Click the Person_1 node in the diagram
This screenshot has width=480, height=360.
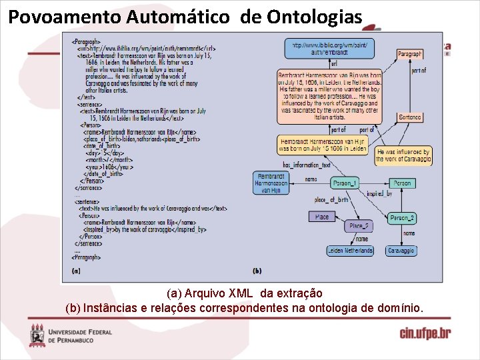pyautogui.click(x=345, y=183)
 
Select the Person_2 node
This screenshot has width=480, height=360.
pyautogui.click(x=402, y=218)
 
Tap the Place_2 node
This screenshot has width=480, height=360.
pyautogui.click(x=359, y=226)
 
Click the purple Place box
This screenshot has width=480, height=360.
pyautogui.click(x=322, y=217)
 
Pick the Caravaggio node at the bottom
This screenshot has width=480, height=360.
pyautogui.click(x=402, y=251)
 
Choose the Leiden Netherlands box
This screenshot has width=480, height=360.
pyautogui.click(x=350, y=251)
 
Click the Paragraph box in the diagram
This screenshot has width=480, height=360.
pyautogui.click(x=409, y=53)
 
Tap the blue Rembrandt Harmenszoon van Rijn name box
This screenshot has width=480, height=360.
pyautogui.click(x=272, y=183)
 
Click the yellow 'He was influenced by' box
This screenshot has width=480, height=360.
pyautogui.click(x=403, y=156)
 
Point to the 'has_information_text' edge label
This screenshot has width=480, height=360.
pyautogui.click(x=307, y=165)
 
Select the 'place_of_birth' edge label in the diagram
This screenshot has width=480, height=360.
pyautogui.click(x=331, y=200)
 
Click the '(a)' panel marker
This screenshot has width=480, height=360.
pyautogui.click(x=75, y=271)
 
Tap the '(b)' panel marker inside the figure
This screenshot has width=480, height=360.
pyautogui.click(x=257, y=271)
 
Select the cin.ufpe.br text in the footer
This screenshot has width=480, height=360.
pyautogui.click(x=425, y=333)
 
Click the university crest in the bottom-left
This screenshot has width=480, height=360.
pyautogui.click(x=37, y=335)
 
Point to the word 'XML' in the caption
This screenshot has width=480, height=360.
pyautogui.click(x=241, y=293)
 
